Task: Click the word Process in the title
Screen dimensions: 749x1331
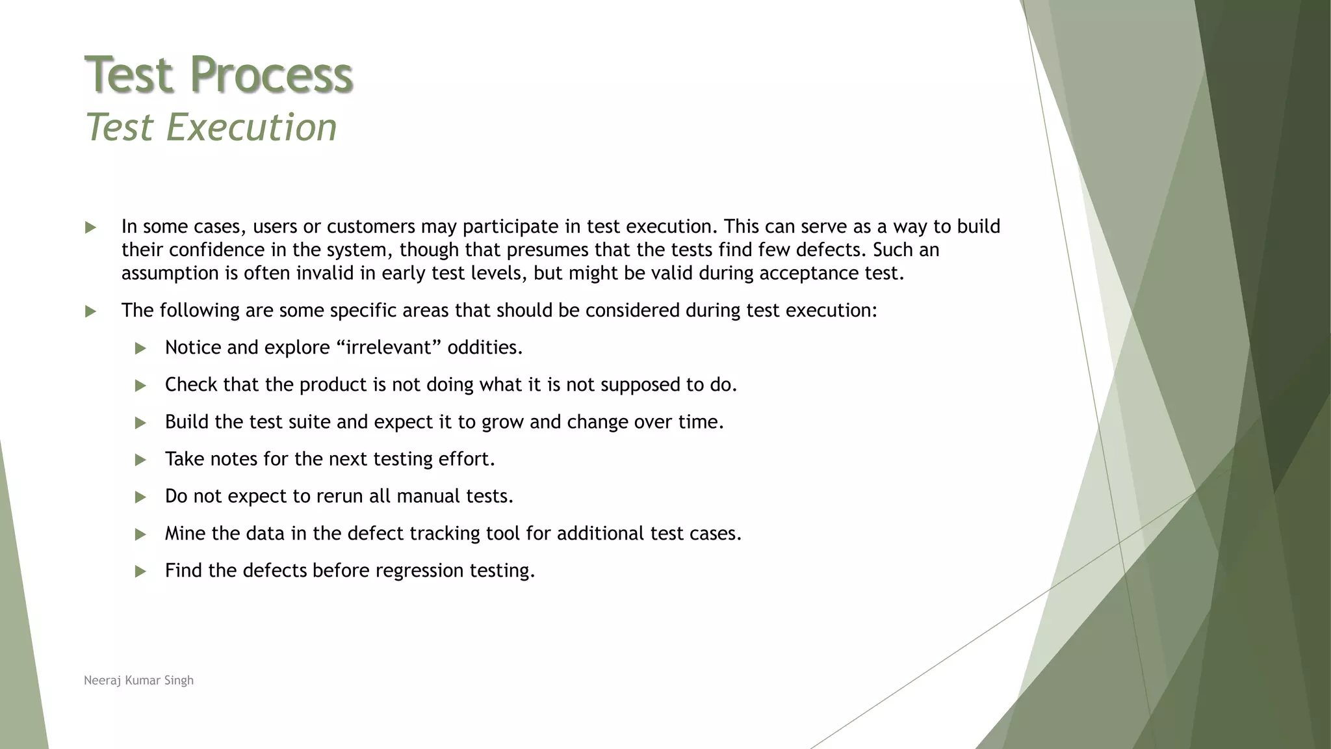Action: coord(272,74)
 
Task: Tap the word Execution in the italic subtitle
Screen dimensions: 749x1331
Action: coord(252,127)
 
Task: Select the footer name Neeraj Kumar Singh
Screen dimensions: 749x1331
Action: coord(138,680)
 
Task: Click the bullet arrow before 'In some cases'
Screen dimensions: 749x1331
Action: coord(90,228)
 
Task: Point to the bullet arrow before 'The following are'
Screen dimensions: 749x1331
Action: coord(90,311)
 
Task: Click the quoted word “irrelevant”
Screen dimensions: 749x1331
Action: coord(389,347)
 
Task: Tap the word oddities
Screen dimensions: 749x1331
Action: coord(485,347)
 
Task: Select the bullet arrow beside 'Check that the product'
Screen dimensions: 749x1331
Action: coord(140,386)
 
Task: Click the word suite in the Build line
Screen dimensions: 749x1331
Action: coord(309,422)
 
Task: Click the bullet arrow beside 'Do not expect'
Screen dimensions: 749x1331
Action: coord(140,497)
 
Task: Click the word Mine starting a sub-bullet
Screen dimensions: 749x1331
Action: coord(185,533)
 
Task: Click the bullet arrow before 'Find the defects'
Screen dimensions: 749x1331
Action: coord(140,572)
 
